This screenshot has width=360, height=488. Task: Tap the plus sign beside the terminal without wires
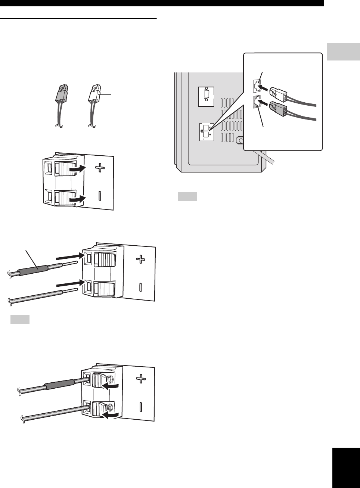(100, 168)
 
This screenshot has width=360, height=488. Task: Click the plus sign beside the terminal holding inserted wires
(141, 379)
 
